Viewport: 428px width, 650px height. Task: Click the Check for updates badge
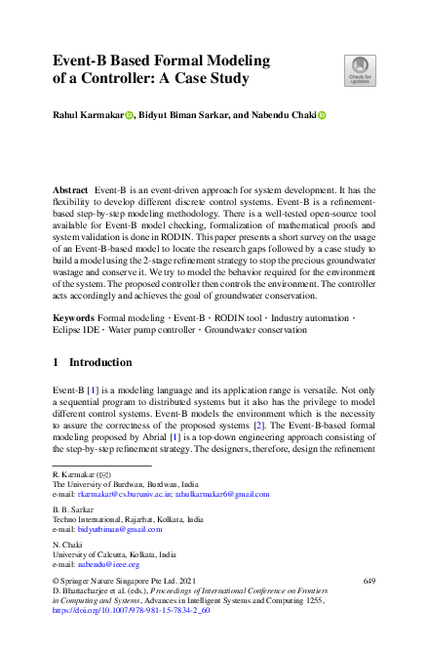360,70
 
